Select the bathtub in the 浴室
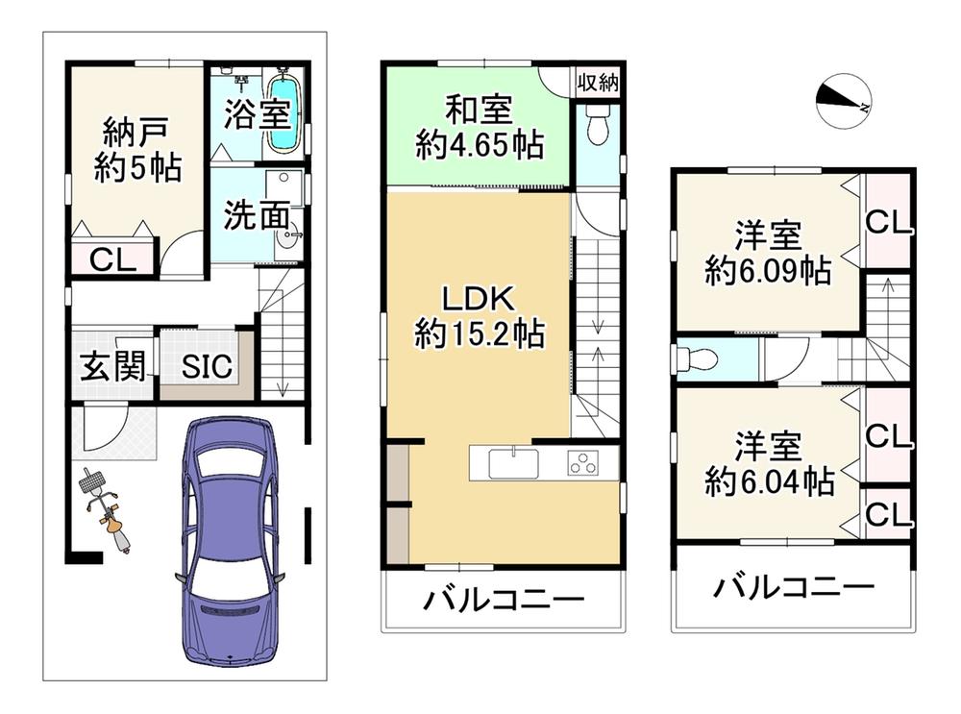point(283,112)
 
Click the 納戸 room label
point(136,131)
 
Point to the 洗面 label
point(257,215)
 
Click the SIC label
point(207,366)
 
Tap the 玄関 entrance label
point(112,366)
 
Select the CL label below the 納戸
point(112,260)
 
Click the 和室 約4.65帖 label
point(479,128)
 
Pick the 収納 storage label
point(598,82)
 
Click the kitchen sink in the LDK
point(513,463)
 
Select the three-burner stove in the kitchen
point(583,463)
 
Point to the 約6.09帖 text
point(768,270)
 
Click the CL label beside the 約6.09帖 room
point(889,223)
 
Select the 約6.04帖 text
point(769,481)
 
